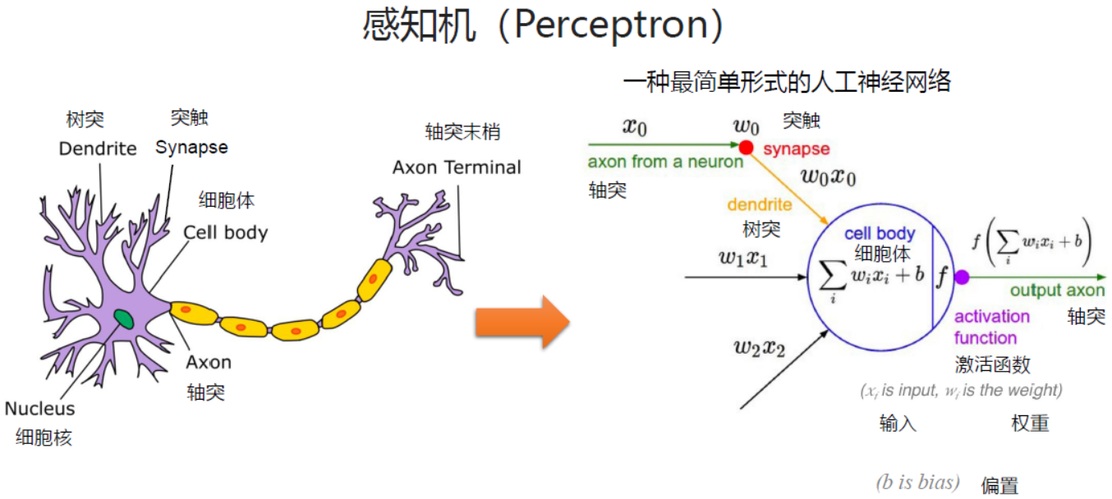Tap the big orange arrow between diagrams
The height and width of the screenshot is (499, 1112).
coord(522,323)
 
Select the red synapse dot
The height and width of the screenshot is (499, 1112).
coord(746,148)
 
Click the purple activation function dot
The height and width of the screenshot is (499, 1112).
coord(962,277)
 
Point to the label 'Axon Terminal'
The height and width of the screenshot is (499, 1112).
coord(457,167)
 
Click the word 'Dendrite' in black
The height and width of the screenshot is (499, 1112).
coord(98,149)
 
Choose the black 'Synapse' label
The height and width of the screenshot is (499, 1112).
coord(191,148)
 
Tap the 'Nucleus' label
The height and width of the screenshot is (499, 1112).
coord(39,409)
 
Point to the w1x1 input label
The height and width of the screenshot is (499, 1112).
coord(743,258)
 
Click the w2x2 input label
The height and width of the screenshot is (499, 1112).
coord(759,347)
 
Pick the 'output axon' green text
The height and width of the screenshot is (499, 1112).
coord(1057,291)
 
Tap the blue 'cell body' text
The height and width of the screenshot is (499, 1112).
coord(880,234)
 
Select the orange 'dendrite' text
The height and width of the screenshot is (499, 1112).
coord(760,205)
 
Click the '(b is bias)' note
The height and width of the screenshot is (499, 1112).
coord(917,482)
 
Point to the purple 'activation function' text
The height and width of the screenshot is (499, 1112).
coord(991,327)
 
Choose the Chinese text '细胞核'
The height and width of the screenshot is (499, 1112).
coord(44,437)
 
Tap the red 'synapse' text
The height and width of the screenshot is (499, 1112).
coord(796,149)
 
